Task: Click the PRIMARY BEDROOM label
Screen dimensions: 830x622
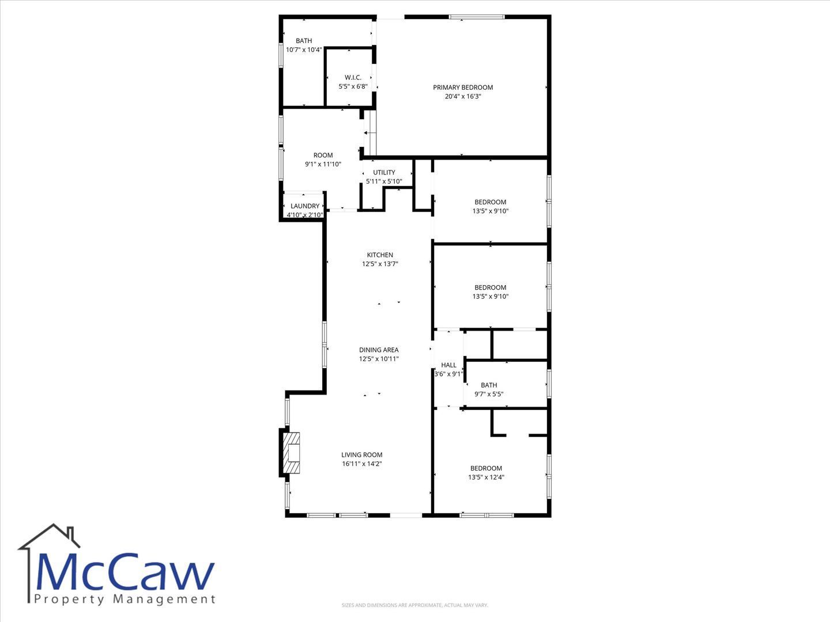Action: click(463, 87)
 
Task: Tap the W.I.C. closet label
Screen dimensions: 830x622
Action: click(353, 77)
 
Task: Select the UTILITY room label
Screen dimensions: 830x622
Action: click(384, 172)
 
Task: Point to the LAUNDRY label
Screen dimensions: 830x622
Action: click(305, 206)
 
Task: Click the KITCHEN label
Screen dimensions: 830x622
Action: click(380, 255)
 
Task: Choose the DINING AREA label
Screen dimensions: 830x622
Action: click(379, 350)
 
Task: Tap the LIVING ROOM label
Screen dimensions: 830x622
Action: click(362, 455)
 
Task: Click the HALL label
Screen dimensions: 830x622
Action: click(448, 365)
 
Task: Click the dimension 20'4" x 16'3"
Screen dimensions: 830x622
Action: click(463, 96)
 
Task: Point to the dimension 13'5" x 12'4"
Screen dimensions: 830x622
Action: click(486, 477)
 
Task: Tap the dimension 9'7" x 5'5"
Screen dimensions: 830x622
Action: click(489, 394)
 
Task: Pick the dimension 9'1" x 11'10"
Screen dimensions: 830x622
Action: click(323, 164)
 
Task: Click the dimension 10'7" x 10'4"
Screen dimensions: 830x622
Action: click(304, 50)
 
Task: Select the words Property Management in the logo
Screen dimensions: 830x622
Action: click(124, 599)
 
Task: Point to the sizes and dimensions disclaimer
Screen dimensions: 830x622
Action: click(415, 605)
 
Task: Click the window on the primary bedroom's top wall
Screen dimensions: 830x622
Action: click(477, 17)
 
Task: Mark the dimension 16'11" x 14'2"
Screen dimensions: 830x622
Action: click(362, 464)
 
